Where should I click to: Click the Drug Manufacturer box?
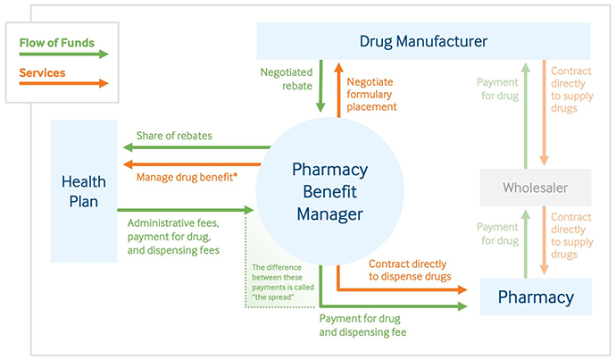tap(423, 41)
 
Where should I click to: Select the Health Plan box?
tap(83, 191)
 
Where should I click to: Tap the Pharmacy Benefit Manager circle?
tap(329, 191)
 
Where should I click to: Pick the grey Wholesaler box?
tap(534, 188)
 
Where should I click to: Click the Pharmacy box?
tap(535, 296)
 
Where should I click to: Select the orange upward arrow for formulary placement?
tap(339, 88)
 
